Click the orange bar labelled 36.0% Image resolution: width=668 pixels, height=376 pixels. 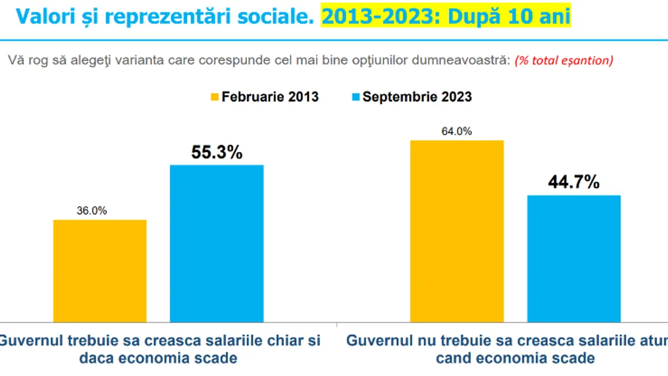coord(100,271)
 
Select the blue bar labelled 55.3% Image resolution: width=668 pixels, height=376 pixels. coord(217,243)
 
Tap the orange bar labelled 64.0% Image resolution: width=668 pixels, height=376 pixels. coord(457,231)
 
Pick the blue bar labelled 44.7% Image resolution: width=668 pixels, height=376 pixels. coord(574,258)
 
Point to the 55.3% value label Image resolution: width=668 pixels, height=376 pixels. coord(217,152)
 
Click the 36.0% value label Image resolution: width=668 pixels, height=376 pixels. coord(92,211)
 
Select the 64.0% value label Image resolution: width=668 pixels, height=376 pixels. coord(456,131)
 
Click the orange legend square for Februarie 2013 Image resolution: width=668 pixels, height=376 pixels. coord(215,97)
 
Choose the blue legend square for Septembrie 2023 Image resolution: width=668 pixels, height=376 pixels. coord(356,97)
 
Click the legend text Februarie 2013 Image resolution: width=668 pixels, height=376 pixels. coord(270,97)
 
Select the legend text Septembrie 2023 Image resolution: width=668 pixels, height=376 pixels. coord(417,97)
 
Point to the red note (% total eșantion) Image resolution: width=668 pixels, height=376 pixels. coord(564,61)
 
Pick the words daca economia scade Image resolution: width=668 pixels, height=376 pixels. coord(158,358)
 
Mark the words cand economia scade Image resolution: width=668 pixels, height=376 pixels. coord(515,358)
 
